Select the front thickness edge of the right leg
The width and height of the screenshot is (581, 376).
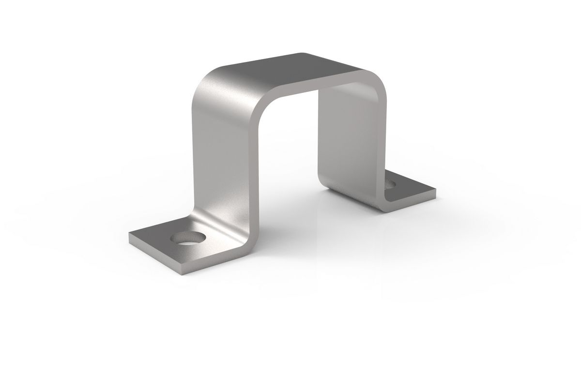coord(382,145)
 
